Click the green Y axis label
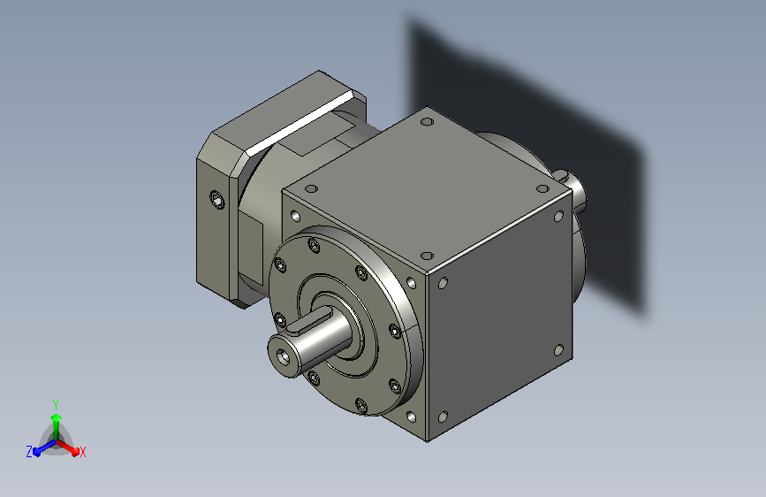(56, 404)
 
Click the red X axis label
(82, 452)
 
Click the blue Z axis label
(29, 452)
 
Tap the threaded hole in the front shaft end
(284, 357)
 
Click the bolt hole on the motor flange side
(217, 200)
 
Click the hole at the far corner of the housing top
(427, 122)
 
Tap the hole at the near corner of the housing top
(427, 256)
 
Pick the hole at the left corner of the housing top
(311, 188)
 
